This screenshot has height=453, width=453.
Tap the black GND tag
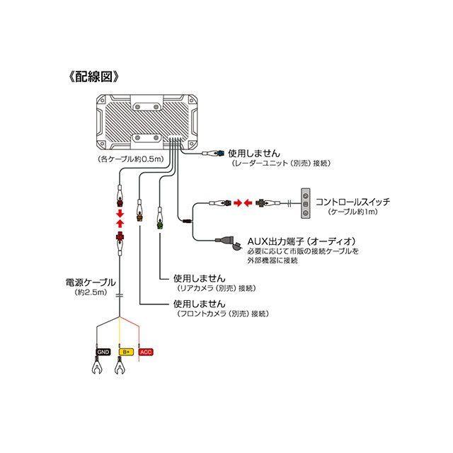coord(103,352)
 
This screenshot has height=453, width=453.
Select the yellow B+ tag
coord(126,352)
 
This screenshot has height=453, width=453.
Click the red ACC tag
coord(146,352)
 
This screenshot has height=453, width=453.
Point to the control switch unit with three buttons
coord(306,203)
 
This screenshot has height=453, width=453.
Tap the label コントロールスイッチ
coord(352,202)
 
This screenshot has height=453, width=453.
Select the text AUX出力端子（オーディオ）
coord(302,241)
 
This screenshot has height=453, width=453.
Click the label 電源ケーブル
coord(91,282)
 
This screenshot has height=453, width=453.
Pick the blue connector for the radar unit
coord(221,154)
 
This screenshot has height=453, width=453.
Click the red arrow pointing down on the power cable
coord(120,214)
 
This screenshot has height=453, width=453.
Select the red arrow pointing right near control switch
coord(238,203)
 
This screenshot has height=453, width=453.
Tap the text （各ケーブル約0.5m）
coord(130,159)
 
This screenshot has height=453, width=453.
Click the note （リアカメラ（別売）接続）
coord(216,288)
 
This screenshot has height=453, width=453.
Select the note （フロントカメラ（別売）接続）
coord(222,314)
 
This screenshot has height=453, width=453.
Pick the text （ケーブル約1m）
coord(352,212)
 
